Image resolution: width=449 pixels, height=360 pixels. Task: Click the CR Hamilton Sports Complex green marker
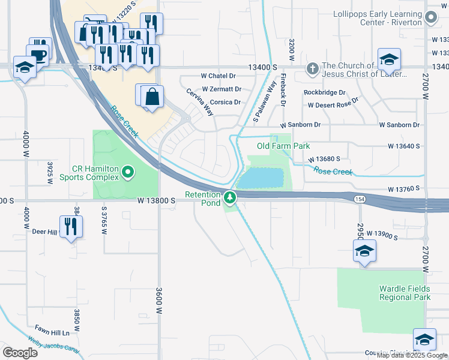127,173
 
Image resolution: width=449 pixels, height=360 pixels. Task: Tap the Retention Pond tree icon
229,197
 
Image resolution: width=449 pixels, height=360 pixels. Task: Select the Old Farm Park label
283,146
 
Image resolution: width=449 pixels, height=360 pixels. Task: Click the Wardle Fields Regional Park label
405,292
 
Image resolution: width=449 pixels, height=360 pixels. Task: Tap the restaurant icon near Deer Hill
71,227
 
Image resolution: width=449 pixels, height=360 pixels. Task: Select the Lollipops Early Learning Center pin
431,18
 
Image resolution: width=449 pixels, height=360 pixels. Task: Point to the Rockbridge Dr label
325,92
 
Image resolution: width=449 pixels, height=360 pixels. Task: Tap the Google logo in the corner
20,353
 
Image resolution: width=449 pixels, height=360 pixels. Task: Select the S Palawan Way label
264,103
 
